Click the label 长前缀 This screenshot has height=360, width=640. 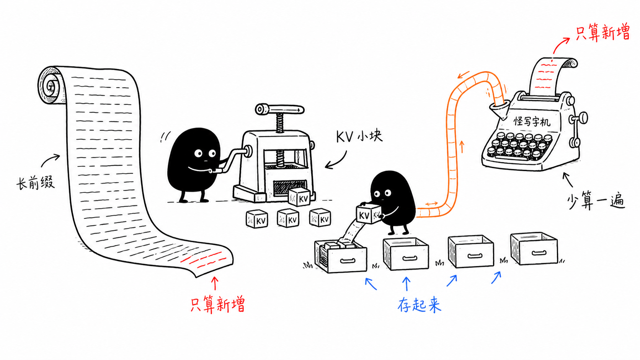[x=36, y=183]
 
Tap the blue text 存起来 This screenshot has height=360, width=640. [x=420, y=305]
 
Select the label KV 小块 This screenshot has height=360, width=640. [x=359, y=137]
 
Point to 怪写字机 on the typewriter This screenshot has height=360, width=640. [x=532, y=121]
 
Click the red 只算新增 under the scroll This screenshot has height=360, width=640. [x=217, y=305]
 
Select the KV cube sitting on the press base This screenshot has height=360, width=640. [x=299, y=197]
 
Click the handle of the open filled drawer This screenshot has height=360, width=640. [x=348, y=261]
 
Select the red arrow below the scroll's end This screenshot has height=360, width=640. [x=215, y=283]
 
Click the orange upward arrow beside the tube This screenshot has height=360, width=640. [x=461, y=147]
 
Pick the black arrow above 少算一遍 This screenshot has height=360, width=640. [x=567, y=179]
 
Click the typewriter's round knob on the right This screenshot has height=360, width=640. [x=583, y=117]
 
